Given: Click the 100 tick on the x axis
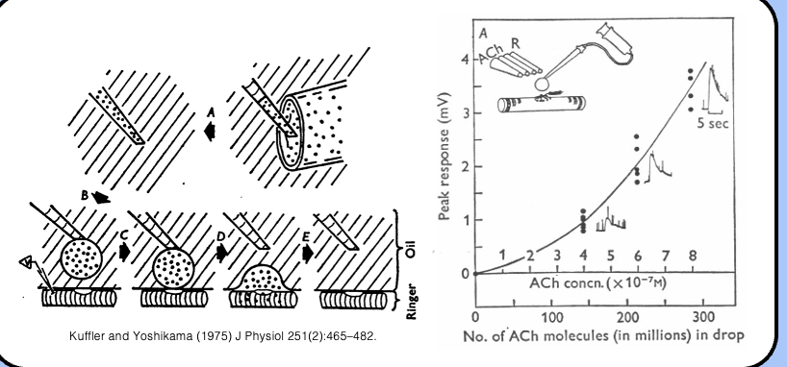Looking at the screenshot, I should pyautogui.click(x=551, y=316).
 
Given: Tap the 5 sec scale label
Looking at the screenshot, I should pyautogui.click(x=713, y=124).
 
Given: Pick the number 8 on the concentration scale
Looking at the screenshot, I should pyautogui.click(x=693, y=255).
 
